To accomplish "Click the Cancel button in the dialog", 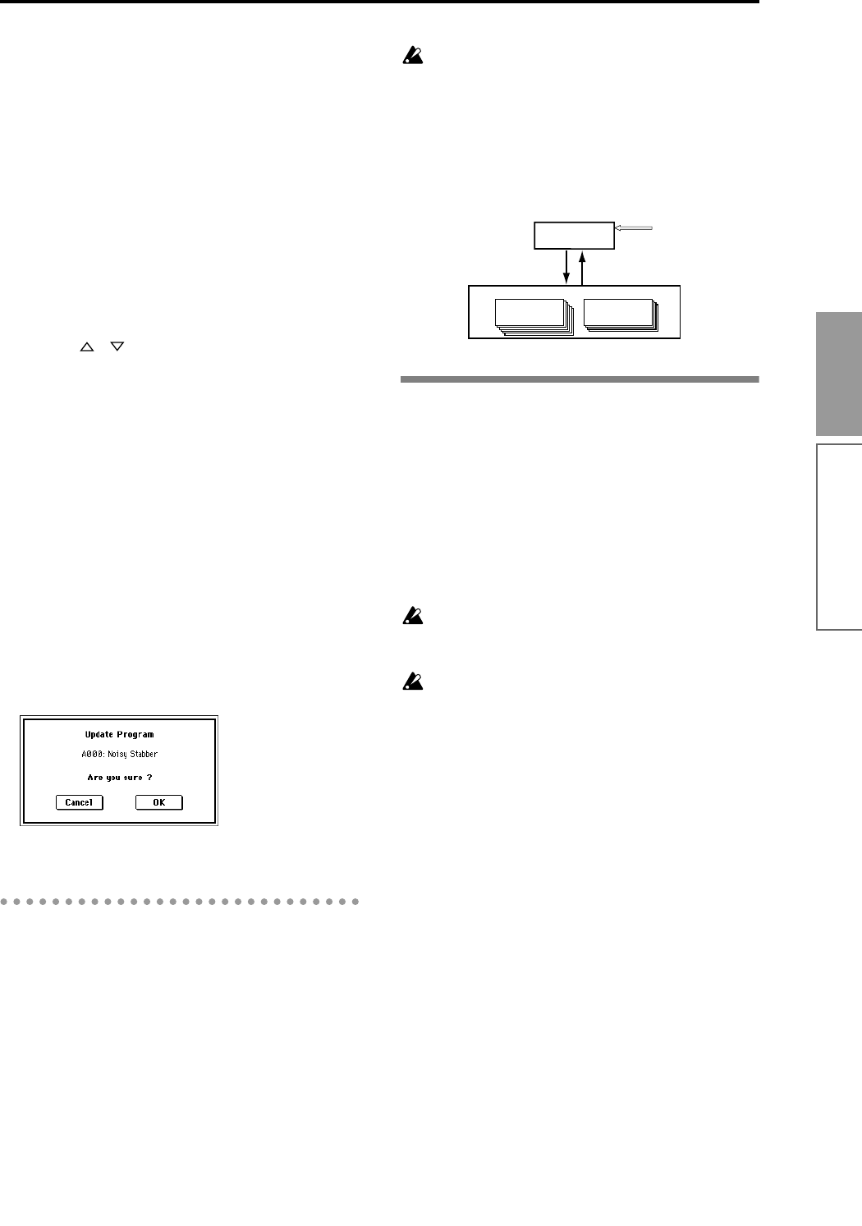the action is click(x=80, y=802).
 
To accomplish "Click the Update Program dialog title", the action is click(x=119, y=734).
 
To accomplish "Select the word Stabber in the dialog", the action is click(x=141, y=754).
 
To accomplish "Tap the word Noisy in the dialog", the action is click(x=116, y=754).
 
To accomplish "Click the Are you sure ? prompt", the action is click(x=119, y=777).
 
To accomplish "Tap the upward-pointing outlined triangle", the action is click(x=85, y=348).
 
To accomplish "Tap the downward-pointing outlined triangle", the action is click(x=116, y=348).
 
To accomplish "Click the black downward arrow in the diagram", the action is click(x=566, y=266).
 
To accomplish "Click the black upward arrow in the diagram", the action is click(x=582, y=266).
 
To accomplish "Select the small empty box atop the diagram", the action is click(x=574, y=235).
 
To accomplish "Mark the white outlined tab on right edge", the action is click(x=839, y=536).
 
